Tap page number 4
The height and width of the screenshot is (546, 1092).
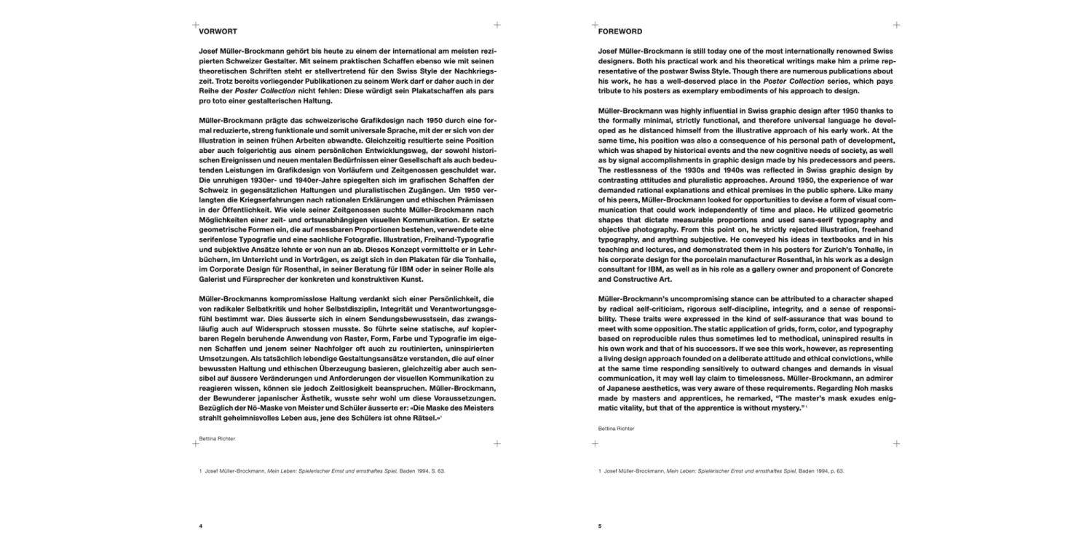click(x=200, y=525)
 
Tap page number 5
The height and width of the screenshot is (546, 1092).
click(x=600, y=525)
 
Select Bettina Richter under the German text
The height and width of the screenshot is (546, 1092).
click(x=217, y=439)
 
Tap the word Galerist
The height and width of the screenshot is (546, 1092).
click(x=215, y=280)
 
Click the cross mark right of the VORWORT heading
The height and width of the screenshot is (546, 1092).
click(x=497, y=25)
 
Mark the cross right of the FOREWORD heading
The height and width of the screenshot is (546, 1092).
click(x=896, y=25)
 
